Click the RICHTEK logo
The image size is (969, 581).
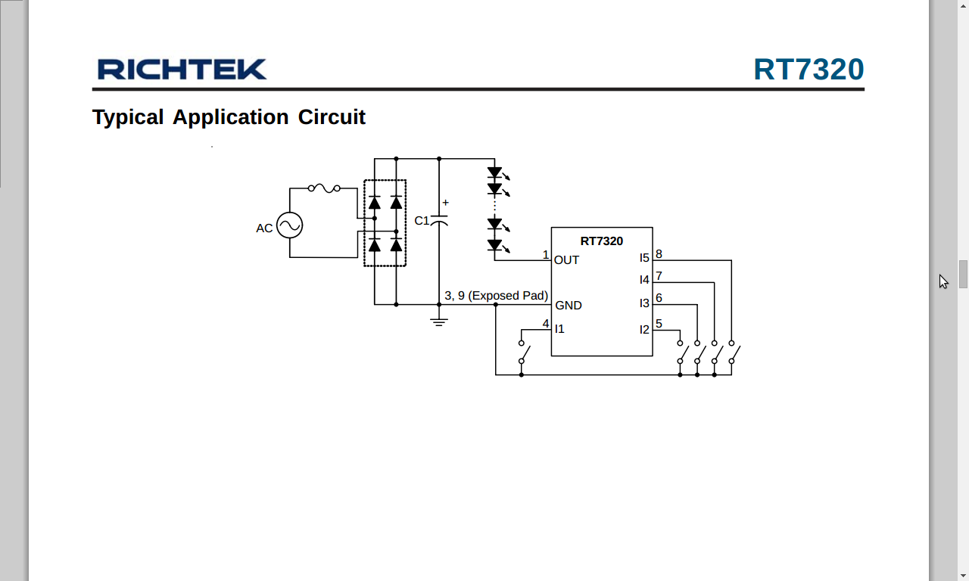click(x=182, y=70)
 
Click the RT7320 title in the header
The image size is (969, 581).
click(x=809, y=70)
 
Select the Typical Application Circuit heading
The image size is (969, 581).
click(x=229, y=117)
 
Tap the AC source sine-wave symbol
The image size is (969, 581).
click(x=289, y=225)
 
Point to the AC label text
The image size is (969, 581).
click(x=264, y=228)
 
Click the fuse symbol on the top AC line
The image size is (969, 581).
click(x=324, y=188)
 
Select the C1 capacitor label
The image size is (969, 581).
click(x=422, y=221)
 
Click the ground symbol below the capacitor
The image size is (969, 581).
click(x=439, y=322)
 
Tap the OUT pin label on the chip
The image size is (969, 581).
click(x=566, y=260)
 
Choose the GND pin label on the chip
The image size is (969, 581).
click(x=569, y=306)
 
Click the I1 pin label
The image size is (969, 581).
click(x=559, y=329)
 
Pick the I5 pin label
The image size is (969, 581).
click(x=644, y=258)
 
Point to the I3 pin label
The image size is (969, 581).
click(x=644, y=303)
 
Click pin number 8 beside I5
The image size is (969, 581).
click(x=659, y=254)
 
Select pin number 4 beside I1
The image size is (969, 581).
click(x=546, y=324)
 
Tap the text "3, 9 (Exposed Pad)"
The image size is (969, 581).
click(x=496, y=296)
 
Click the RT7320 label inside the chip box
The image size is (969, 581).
click(x=602, y=241)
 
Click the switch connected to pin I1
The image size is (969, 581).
click(x=524, y=352)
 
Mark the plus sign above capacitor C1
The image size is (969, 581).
click(x=445, y=203)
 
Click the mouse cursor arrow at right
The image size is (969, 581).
click(x=943, y=281)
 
